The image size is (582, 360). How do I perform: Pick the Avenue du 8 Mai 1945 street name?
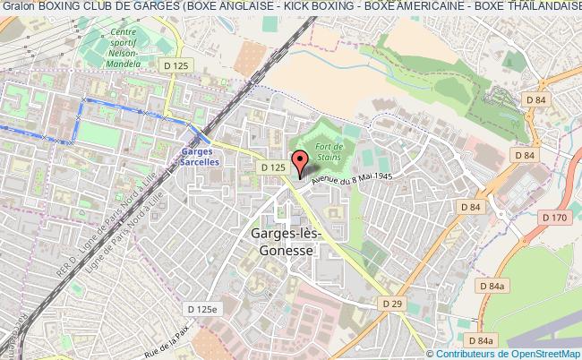click(x=354, y=179)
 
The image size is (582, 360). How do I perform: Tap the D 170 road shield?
click(x=555, y=218)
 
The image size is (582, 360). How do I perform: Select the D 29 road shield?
click(x=391, y=304)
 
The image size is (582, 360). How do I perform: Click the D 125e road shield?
click(x=202, y=308)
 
